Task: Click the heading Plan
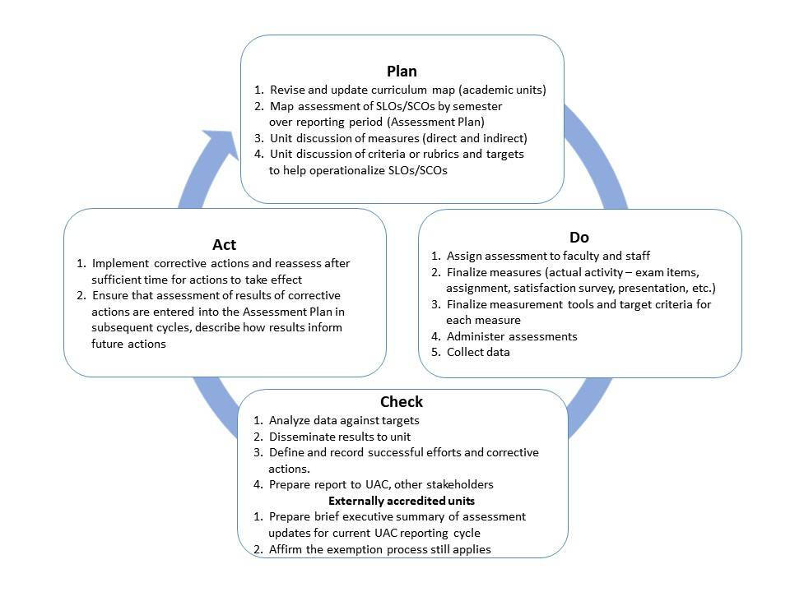[402, 71]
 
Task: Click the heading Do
[579, 238]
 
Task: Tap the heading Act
[225, 244]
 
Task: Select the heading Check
[402, 402]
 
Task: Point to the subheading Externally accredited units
[401, 500]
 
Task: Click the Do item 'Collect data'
[477, 352]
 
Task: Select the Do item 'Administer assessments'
[511, 336]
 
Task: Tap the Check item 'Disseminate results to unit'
[340, 437]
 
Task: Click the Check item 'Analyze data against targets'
[344, 420]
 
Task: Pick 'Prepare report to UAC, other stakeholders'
[381, 484]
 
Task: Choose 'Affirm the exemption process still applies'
[379, 548]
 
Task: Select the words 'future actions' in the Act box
[129, 344]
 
